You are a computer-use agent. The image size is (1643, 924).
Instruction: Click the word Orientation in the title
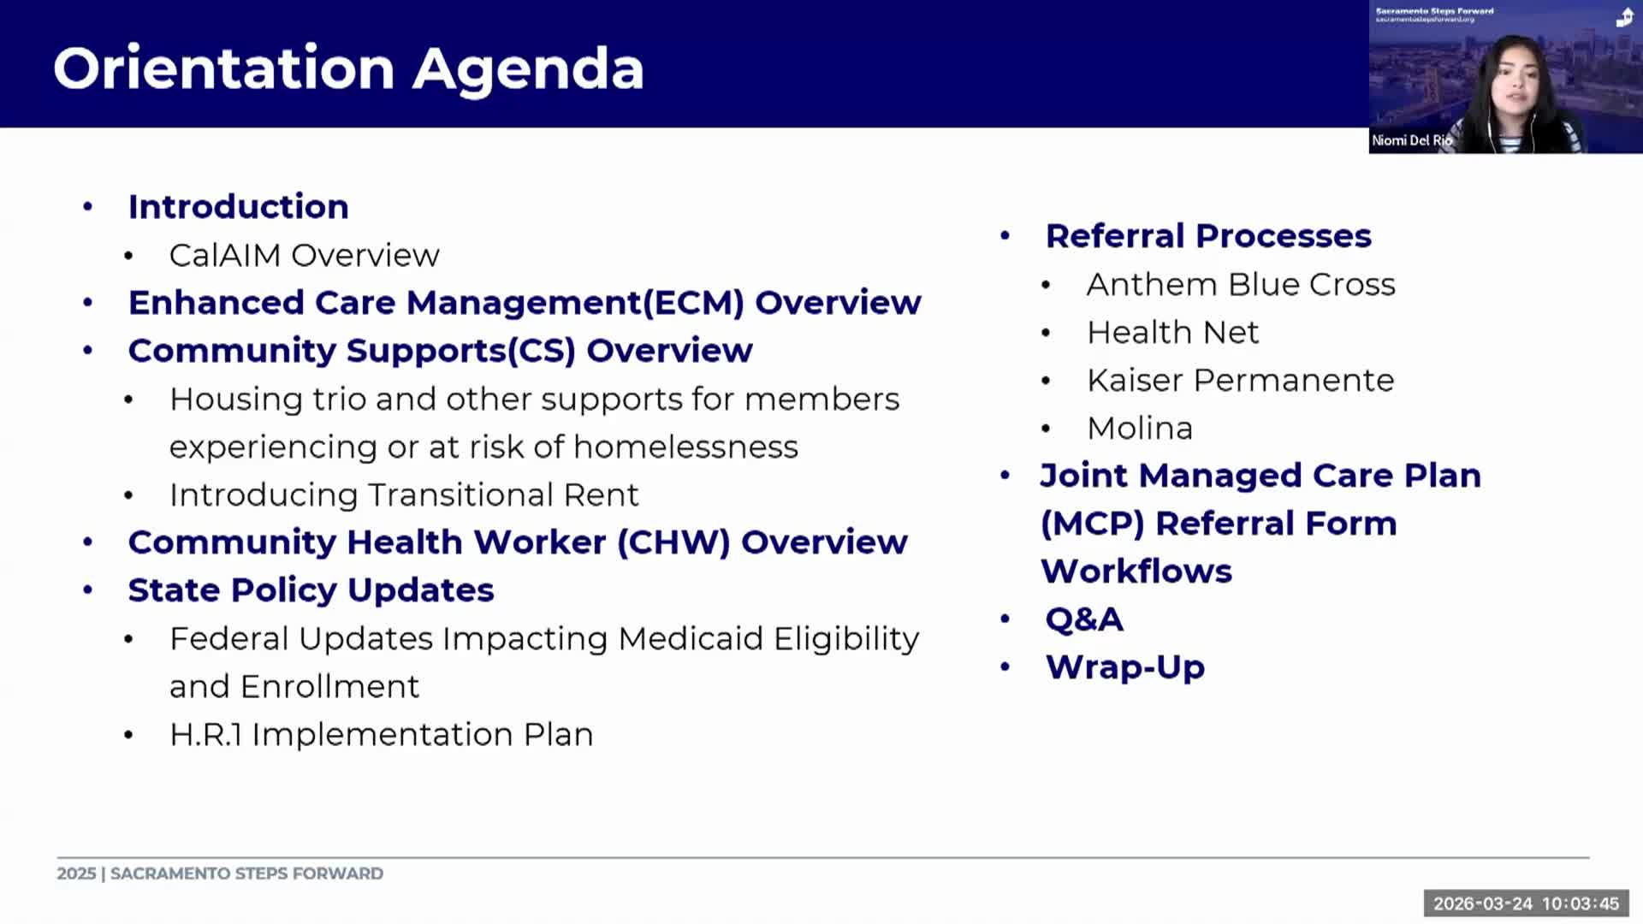[x=224, y=68]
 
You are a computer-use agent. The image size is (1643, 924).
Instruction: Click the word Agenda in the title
[x=528, y=68]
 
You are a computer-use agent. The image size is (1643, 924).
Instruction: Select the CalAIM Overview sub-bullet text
[x=304, y=255]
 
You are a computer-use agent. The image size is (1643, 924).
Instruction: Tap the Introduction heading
[x=238, y=207]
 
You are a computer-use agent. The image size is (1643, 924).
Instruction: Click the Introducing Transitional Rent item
[x=404, y=495]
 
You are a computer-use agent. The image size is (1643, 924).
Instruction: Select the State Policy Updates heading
[x=311, y=590]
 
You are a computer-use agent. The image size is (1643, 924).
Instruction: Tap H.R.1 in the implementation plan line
[x=205, y=734]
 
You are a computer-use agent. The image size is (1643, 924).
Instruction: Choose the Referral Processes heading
[x=1207, y=236]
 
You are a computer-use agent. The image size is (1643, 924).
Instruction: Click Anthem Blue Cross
[x=1240, y=284]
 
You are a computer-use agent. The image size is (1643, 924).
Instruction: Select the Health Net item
[x=1172, y=332]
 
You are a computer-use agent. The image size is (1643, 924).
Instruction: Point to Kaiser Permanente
[x=1240, y=380]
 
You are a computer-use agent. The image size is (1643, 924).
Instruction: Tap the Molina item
[x=1139, y=428]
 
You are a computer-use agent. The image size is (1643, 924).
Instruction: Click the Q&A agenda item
[x=1083, y=619]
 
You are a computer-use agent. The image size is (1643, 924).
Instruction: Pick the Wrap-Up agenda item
[x=1124, y=667]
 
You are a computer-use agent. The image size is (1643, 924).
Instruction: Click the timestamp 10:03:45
[x=1580, y=903]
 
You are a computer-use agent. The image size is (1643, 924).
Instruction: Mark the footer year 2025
[x=76, y=874]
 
